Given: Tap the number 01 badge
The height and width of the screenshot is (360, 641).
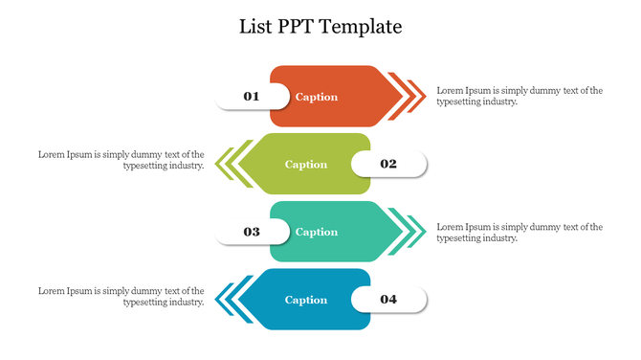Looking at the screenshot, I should click(x=252, y=96).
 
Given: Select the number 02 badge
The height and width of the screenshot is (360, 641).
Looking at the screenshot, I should click(x=388, y=164).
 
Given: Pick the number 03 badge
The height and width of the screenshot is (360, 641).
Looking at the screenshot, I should click(x=252, y=232).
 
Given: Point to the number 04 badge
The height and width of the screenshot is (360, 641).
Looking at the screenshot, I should click(x=388, y=300).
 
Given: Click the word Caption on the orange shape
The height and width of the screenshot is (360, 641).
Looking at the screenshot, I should click(x=317, y=97).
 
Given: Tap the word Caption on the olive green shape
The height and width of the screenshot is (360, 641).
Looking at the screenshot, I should click(x=306, y=165).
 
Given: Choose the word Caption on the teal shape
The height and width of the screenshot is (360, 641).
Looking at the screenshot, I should click(x=317, y=232).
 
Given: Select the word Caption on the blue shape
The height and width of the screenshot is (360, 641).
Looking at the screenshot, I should click(x=306, y=300).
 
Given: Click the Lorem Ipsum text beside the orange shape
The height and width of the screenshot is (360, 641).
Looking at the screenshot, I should click(x=519, y=96).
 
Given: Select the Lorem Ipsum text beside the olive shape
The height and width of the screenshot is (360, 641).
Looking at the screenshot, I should click(x=122, y=159).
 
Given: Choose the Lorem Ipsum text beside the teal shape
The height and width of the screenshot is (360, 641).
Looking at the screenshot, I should click(x=519, y=232).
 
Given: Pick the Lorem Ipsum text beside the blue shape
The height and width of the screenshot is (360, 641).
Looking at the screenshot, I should click(x=122, y=295).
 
